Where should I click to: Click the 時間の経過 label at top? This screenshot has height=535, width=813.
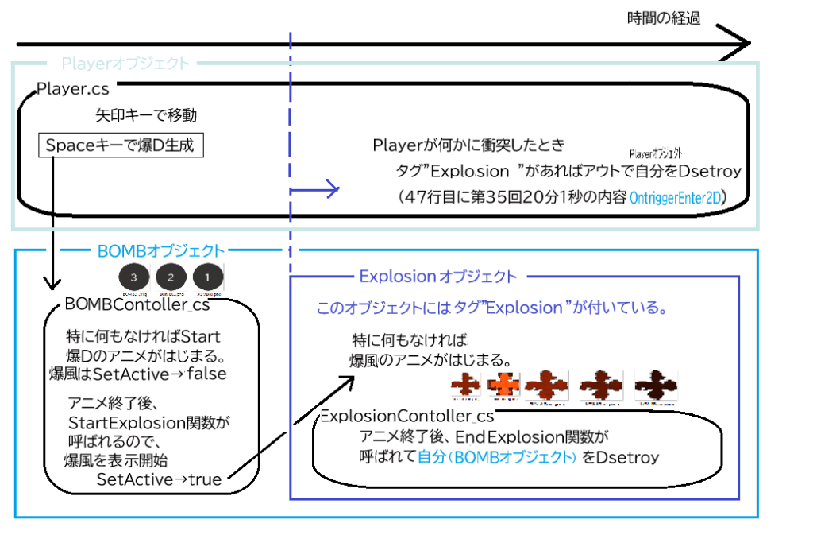click(x=663, y=17)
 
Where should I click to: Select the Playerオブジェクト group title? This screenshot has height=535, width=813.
click(x=125, y=63)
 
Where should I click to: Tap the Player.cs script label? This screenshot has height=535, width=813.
click(x=74, y=89)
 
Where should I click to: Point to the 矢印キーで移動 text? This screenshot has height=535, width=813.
click(x=146, y=116)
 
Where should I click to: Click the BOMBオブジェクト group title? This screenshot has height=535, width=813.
click(x=160, y=251)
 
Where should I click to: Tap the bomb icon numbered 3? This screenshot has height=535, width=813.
click(x=134, y=277)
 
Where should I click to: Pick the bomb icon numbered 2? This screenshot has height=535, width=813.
click(x=170, y=277)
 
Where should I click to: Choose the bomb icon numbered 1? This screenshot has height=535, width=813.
click(x=207, y=277)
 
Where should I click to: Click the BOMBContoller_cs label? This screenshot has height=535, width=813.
click(x=137, y=304)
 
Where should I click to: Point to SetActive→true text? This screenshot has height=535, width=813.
click(x=159, y=479)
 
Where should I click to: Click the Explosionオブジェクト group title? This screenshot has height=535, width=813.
click(x=437, y=277)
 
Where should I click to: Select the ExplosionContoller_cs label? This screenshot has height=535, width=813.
click(x=406, y=416)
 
